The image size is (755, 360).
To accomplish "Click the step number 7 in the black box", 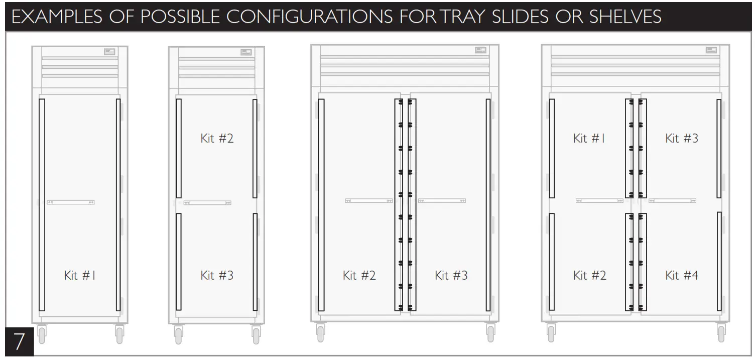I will click(x=19, y=341).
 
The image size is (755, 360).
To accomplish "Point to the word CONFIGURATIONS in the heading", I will click(x=310, y=17).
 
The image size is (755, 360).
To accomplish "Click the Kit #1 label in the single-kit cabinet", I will click(x=80, y=275).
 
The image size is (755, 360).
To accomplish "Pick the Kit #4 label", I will click(x=681, y=275).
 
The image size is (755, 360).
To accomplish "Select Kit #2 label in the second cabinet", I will click(x=217, y=138).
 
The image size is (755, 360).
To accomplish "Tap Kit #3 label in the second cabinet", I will click(x=217, y=275).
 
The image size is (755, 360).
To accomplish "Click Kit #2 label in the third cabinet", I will click(x=359, y=275).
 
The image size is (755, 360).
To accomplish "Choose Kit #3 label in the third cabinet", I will click(x=451, y=275).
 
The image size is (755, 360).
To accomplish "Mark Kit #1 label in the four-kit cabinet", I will click(x=589, y=138).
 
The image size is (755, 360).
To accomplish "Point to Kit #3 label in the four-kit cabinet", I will click(x=681, y=138).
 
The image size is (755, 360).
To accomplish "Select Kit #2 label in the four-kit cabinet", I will click(x=589, y=275).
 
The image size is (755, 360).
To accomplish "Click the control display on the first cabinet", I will click(x=109, y=51).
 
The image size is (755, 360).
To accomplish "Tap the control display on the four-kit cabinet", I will click(x=711, y=50).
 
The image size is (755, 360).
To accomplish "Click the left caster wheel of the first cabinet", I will click(x=41, y=334).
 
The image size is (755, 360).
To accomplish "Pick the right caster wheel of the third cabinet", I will click(x=490, y=333).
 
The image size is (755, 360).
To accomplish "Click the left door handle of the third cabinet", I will click(x=369, y=201).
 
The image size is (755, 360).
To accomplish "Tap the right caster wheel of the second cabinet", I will click(x=256, y=335).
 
